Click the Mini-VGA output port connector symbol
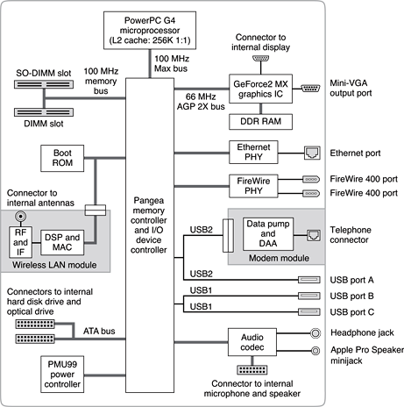(x=311, y=88)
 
